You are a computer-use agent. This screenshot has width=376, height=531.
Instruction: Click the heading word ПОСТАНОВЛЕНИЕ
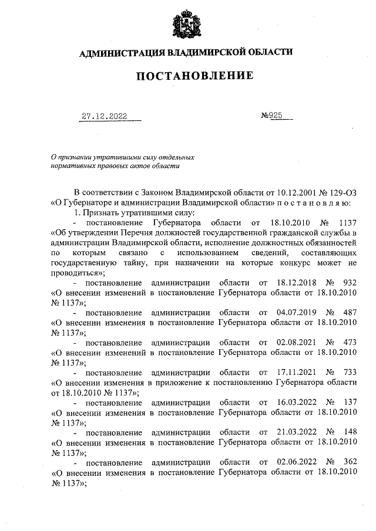[x=187, y=76]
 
